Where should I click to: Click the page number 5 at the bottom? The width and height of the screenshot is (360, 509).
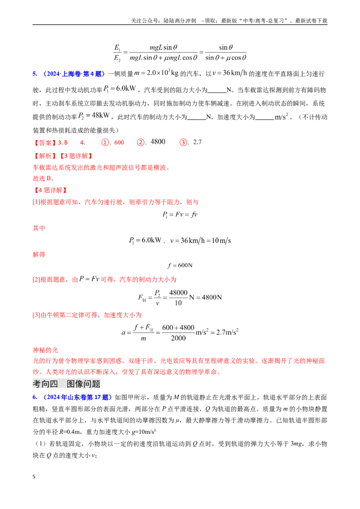(34, 477)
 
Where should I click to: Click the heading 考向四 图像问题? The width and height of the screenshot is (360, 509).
(66, 384)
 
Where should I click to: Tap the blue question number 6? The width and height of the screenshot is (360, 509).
(35, 397)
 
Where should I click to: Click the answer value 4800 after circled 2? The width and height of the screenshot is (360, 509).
(158, 142)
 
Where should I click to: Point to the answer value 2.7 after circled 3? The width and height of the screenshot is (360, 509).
(197, 142)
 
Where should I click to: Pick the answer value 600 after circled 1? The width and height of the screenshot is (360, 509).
(119, 143)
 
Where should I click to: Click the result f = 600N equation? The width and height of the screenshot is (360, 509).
(180, 266)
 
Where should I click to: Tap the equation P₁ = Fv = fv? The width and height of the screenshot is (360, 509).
(180, 214)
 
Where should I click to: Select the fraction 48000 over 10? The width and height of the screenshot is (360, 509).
(178, 298)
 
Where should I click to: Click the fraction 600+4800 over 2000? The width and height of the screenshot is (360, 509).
(178, 333)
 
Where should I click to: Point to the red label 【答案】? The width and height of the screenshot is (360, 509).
(45, 143)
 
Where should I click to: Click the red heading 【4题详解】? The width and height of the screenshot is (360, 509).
(50, 190)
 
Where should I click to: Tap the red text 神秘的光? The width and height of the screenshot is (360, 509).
(45, 350)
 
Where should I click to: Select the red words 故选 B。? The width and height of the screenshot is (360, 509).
(44, 179)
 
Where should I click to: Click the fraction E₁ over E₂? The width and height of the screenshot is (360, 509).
(117, 53)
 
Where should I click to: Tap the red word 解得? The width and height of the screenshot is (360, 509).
(39, 254)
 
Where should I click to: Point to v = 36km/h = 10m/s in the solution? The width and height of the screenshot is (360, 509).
(200, 241)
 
